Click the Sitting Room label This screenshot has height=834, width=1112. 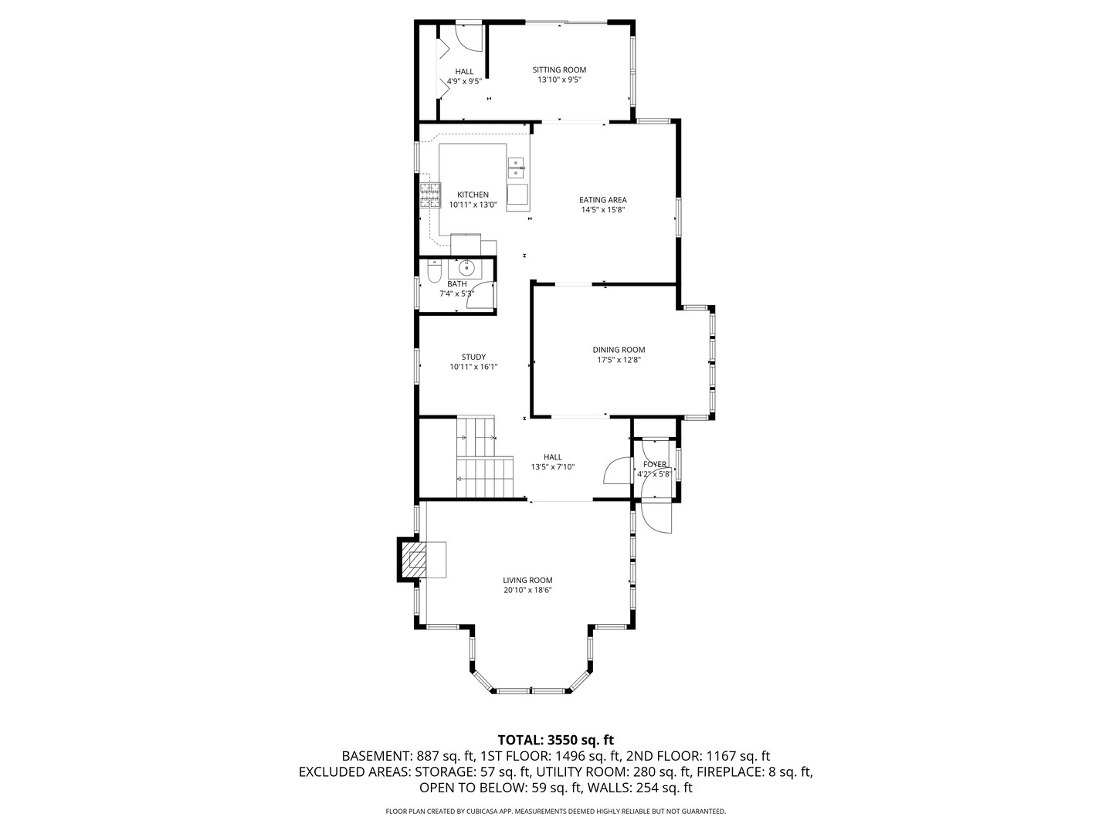(559, 70)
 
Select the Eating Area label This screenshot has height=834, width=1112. (602, 200)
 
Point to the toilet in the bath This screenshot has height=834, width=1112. (433, 271)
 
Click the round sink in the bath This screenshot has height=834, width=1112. (466, 268)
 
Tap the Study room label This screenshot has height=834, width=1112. (473, 357)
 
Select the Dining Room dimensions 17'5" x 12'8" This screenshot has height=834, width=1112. (619, 360)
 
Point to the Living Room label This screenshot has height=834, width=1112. (527, 581)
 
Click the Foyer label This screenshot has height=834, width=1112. (654, 465)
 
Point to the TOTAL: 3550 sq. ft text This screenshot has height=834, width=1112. (555, 740)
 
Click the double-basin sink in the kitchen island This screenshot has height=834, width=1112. (517, 167)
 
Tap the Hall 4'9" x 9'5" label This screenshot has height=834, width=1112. (464, 76)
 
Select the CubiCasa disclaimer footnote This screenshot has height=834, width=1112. (555, 812)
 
